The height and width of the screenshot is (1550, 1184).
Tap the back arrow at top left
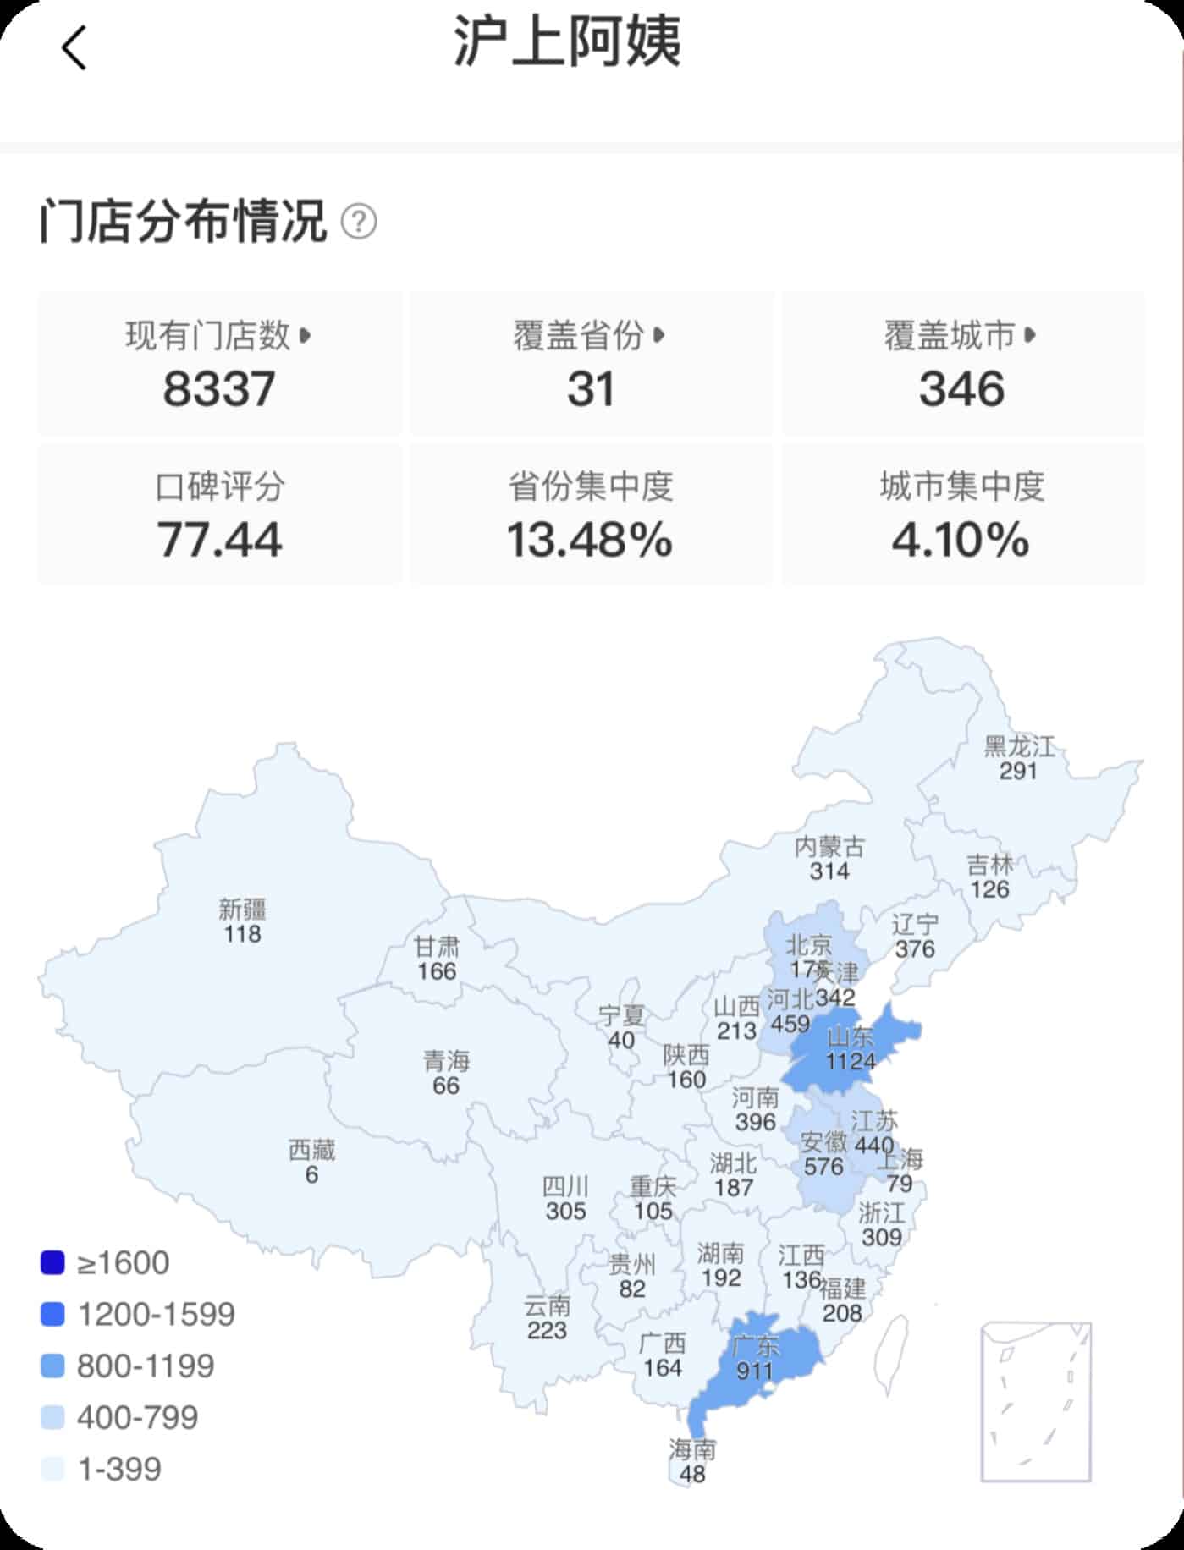(74, 47)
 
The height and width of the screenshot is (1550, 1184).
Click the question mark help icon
(359, 223)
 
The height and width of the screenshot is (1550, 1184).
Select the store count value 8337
(219, 389)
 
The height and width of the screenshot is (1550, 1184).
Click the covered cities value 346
(962, 389)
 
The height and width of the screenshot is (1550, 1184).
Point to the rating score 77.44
(219, 540)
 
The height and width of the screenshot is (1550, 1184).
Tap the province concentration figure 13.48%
(590, 540)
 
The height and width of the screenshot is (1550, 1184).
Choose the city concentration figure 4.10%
(961, 540)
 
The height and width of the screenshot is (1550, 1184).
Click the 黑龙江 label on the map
(1019, 746)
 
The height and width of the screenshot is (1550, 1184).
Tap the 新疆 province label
(243, 910)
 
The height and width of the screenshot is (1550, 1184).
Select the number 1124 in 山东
(851, 1061)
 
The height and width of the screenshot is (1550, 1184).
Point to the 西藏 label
(311, 1150)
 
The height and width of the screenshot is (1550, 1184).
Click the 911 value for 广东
(754, 1370)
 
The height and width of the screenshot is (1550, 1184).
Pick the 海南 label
(692, 1449)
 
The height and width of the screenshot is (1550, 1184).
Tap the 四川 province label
(565, 1186)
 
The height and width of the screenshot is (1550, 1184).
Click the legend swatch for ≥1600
(52, 1263)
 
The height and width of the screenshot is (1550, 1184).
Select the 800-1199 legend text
(146, 1366)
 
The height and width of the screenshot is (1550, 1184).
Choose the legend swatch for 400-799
(52, 1417)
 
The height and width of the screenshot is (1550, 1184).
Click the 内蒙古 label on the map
(829, 846)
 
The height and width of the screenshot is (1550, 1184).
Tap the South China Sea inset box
(1036, 1402)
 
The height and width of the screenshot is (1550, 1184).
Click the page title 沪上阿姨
(567, 41)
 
